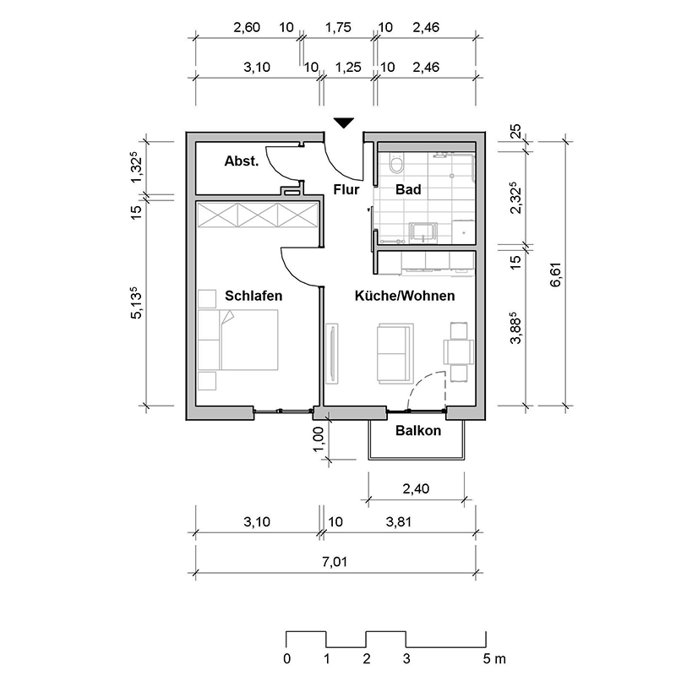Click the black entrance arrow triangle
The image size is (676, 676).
[344, 123]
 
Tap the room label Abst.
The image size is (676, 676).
[242, 161]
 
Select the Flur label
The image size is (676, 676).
[346, 189]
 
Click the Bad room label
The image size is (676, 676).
[408, 189]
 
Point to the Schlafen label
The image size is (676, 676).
[253, 296]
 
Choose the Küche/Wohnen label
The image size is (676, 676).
[405, 296]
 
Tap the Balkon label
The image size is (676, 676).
[418, 430]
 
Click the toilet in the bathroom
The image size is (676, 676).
[395, 163]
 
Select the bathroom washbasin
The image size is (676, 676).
[423, 233]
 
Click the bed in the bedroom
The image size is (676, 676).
[238, 340]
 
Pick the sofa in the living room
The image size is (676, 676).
[395, 353]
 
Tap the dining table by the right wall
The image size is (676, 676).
[459, 352]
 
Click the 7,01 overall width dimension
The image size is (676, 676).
[335, 562]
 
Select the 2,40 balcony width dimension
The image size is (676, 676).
[416, 489]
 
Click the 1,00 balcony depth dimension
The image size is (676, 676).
[318, 439]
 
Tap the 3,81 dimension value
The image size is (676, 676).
[398, 522]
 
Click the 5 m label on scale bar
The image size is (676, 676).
[494, 659]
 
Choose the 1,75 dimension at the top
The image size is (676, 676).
[338, 28]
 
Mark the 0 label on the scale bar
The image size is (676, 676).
[287, 659]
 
